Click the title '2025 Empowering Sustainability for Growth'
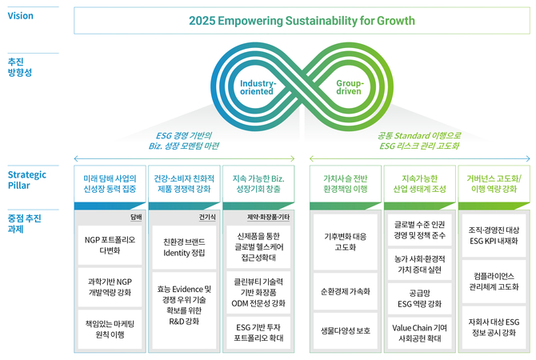pyautogui.click(x=302, y=21)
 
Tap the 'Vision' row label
pyautogui.click(x=20, y=15)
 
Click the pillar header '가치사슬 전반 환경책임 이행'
pyautogui.click(x=345, y=184)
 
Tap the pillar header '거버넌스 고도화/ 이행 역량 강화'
pyautogui.click(x=494, y=184)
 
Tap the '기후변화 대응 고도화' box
pyautogui.click(x=345, y=242)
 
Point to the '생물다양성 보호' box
pyautogui.click(x=345, y=329)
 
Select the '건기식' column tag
pyautogui.click(x=207, y=216)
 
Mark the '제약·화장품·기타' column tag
pyautogui.click(x=272, y=216)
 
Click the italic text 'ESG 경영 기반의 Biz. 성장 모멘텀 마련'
pyautogui.click(x=187, y=141)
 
